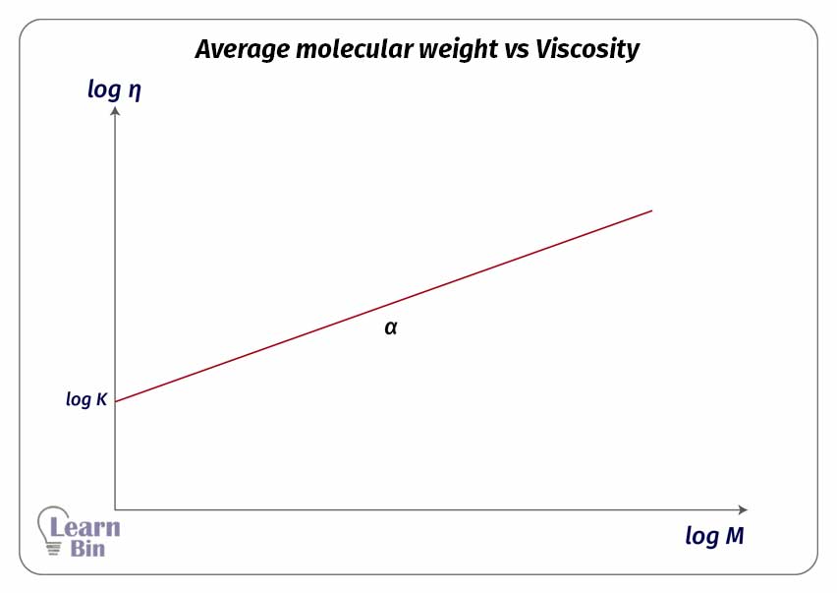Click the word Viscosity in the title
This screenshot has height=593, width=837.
587,50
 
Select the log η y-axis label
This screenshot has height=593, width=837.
116,89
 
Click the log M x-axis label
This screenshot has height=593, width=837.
714,536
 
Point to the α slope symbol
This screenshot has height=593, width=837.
391,327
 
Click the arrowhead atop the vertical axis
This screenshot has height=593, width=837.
116,111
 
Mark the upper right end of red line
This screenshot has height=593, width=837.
651,210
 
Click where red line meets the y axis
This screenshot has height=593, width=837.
116,401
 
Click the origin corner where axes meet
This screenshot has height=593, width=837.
116,509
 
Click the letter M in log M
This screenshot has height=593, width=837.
734,536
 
